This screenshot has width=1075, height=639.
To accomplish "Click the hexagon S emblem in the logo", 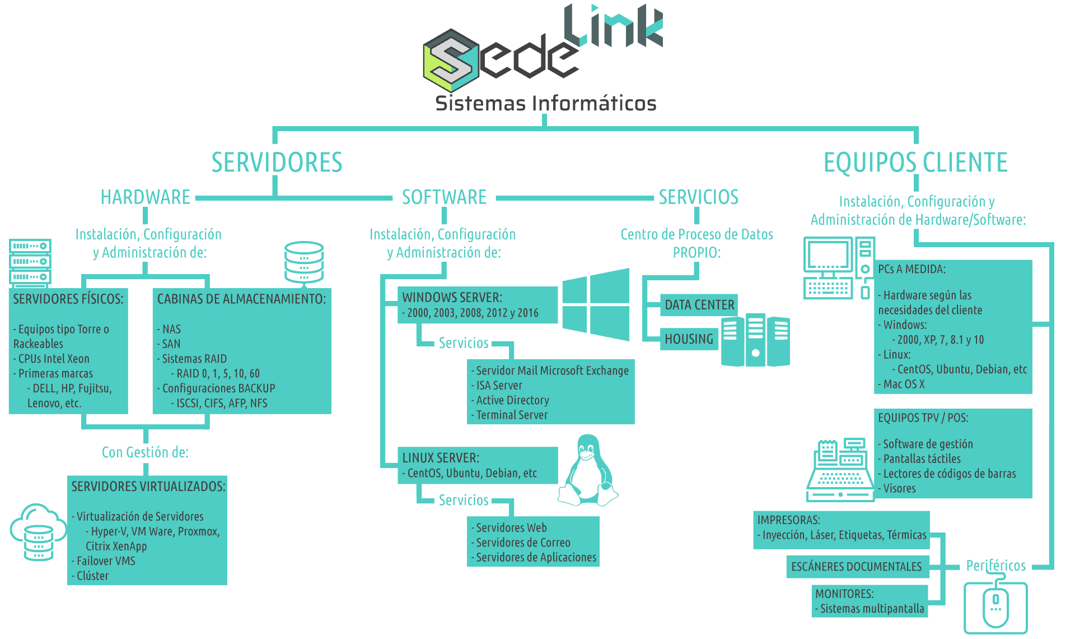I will click(450, 60).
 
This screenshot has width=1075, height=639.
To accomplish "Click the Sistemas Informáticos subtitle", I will click(545, 104).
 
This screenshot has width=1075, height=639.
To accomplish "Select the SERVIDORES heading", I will click(277, 163).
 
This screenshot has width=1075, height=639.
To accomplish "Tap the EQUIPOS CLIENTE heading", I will click(915, 163).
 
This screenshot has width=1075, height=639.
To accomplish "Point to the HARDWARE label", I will click(146, 197).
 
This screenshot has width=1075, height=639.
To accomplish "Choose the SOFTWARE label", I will click(444, 197).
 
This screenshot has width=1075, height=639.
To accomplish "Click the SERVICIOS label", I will click(698, 197).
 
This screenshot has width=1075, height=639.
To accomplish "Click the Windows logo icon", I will click(595, 304).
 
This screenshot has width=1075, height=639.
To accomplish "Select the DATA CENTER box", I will click(699, 305).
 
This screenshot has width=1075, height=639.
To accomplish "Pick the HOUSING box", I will click(689, 339).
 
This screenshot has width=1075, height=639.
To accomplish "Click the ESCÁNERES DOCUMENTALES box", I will click(856, 567).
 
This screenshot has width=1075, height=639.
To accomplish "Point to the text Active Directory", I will click(512, 400).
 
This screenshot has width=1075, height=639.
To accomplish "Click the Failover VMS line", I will click(106, 561).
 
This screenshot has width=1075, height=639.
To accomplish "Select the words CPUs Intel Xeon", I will click(54, 359).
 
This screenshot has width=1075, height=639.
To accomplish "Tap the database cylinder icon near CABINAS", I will click(304, 261).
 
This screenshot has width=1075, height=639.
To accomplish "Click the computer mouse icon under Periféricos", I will click(995, 608).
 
